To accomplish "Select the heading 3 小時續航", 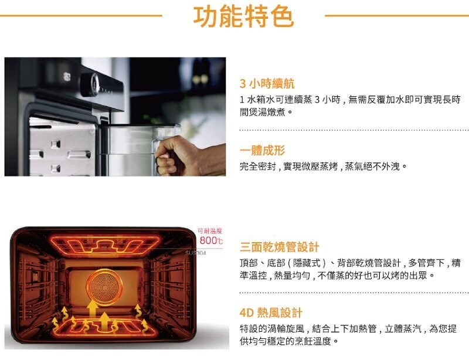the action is [267, 83].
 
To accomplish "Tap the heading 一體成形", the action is [262, 150].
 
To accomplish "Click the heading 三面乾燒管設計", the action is [280, 247].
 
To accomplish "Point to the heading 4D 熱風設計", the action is [271, 313].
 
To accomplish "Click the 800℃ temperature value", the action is [211, 240].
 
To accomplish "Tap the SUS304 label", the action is [196, 253].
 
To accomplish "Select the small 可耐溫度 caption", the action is [210, 231].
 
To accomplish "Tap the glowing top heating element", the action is [105, 244].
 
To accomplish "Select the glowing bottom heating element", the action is [105, 327].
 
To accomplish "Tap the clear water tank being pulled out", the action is [141, 150].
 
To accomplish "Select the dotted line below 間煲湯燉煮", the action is [354, 131].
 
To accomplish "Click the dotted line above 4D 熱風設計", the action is [354, 293].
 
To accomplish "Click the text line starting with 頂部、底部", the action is [350, 263].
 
